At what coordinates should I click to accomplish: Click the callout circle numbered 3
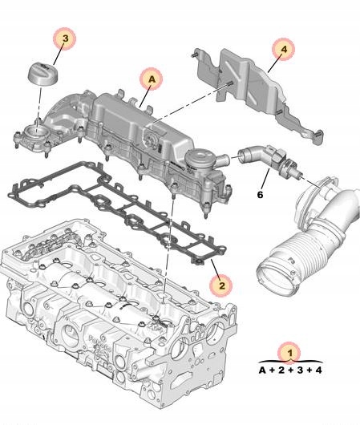[x=67, y=37]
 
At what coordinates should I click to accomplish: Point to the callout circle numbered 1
[x=285, y=351]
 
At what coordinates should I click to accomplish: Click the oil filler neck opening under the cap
[x=37, y=131]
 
